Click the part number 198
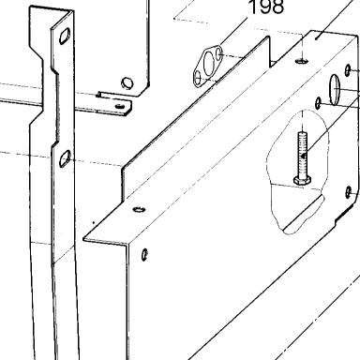pos(266,7)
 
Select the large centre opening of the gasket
pos(208,64)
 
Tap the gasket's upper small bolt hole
pos(219,53)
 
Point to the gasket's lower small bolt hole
pos(198,77)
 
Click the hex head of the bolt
pos(302,180)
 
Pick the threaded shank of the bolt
pos(302,154)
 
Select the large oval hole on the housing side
pos(335,89)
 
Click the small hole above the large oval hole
pos(348,70)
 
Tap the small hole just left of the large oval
pos(318,103)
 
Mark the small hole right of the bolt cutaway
pos(349,192)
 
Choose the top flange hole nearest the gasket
pos(302,61)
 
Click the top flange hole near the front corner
pos(140,209)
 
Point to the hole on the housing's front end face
pos(144,255)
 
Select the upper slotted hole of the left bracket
pos(65,36)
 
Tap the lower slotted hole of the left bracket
pos(65,158)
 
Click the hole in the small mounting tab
pos(120,106)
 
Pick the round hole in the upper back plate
pos(127,82)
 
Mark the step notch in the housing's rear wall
pos(273,63)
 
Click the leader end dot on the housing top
pos(316,38)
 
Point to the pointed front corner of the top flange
pos(83,240)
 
